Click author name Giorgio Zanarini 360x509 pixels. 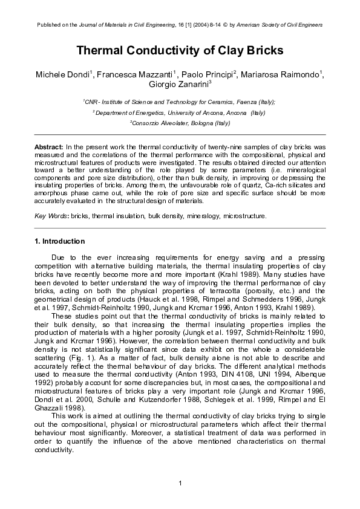(x=179, y=85)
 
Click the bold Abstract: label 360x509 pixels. (x=48, y=148)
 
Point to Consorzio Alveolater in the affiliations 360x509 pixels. (x=160, y=122)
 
